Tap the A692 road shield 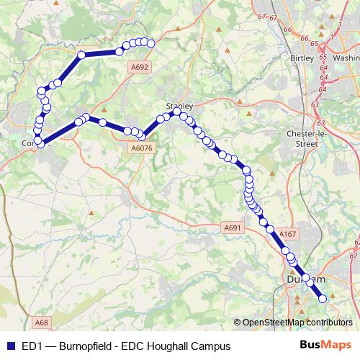[140, 66]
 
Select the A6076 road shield [141, 148]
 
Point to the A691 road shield [232, 228]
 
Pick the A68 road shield [42, 323]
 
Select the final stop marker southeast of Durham [322, 298]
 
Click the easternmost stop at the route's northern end [151, 44]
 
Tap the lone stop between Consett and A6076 [103, 122]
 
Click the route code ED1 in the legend [32, 346]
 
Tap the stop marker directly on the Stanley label [176, 112]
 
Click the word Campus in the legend [212, 346]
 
